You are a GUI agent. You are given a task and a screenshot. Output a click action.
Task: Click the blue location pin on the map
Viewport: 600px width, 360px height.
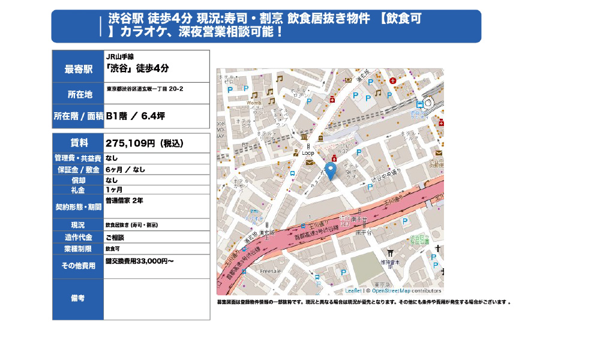click(x=330, y=170)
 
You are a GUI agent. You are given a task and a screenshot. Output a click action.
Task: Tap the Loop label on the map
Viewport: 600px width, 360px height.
click(x=308, y=153)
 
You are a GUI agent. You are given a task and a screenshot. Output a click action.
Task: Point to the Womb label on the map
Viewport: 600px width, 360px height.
click(x=254, y=103)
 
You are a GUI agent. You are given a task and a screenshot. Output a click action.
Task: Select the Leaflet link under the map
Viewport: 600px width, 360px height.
click(x=353, y=290)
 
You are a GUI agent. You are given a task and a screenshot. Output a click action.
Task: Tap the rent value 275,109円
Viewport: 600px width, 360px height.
click(x=130, y=143)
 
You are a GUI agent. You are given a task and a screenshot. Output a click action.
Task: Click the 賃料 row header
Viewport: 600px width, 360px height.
click(x=79, y=143)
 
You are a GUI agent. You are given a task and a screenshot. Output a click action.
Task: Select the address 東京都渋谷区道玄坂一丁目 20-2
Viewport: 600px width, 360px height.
click(x=145, y=89)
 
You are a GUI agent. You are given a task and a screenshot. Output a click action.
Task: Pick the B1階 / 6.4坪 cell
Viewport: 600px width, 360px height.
click(x=135, y=116)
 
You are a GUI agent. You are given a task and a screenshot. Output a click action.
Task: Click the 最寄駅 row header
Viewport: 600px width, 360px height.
click(x=79, y=68)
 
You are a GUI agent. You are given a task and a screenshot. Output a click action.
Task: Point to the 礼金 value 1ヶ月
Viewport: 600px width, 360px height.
click(x=114, y=190)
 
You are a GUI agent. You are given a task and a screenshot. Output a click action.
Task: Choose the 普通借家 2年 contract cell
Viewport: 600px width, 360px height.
click(x=124, y=200)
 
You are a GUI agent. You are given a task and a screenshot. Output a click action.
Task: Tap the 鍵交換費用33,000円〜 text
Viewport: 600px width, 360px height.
click(x=139, y=261)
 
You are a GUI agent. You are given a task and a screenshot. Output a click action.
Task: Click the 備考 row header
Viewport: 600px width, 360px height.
click(x=79, y=298)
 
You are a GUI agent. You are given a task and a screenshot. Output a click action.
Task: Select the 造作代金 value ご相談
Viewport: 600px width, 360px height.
click(x=114, y=237)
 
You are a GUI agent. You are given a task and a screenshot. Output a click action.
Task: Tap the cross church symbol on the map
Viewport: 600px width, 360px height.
click(x=438, y=248)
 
